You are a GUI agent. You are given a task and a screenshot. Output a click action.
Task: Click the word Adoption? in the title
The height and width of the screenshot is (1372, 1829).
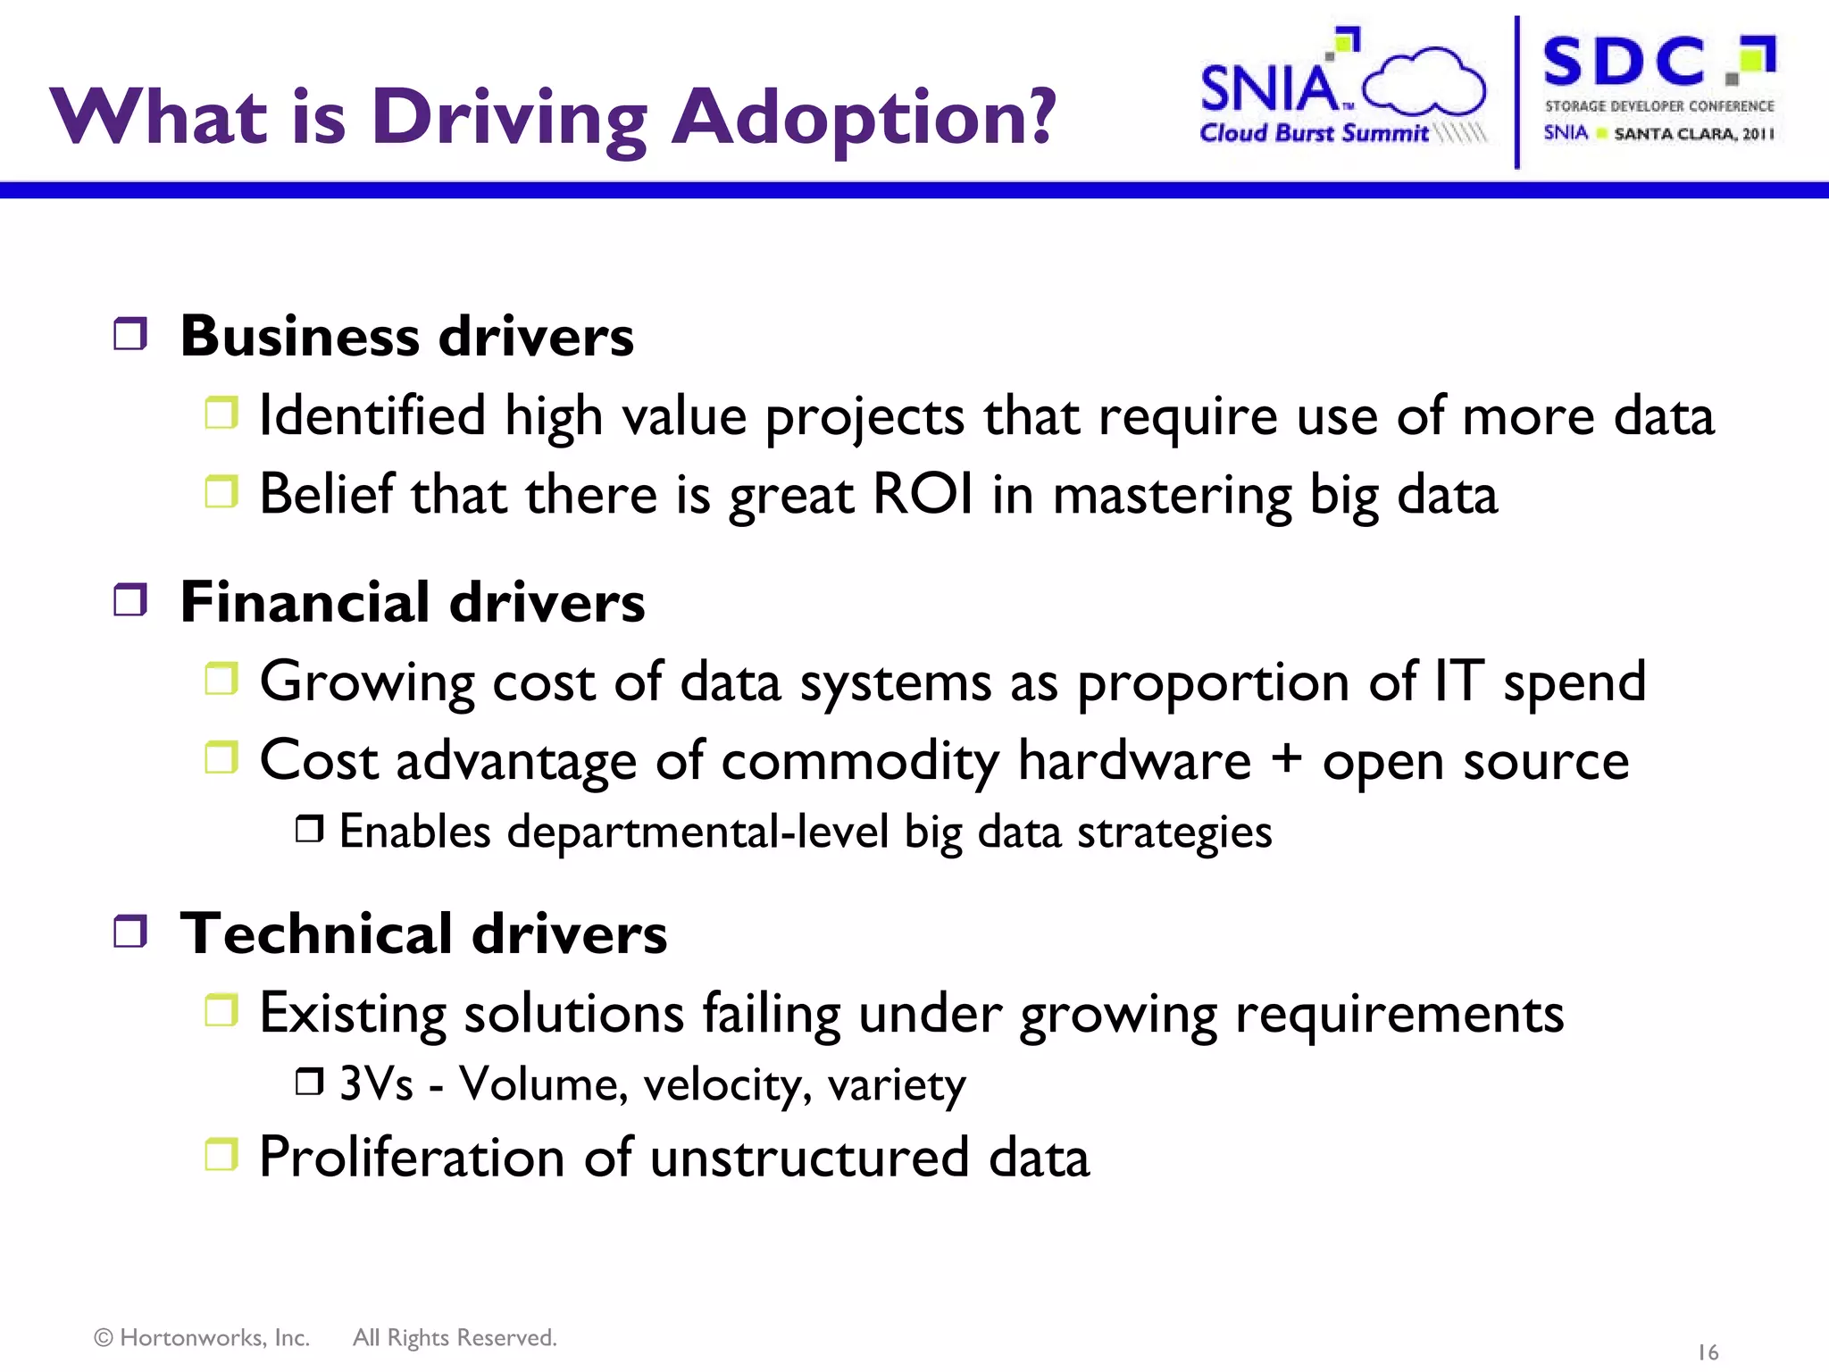(x=862, y=119)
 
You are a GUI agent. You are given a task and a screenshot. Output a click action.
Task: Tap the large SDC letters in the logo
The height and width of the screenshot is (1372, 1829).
(x=1624, y=62)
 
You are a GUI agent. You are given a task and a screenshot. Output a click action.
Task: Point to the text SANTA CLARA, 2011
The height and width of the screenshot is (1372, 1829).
(x=1693, y=134)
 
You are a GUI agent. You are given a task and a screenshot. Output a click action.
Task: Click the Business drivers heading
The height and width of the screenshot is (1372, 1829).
(x=406, y=337)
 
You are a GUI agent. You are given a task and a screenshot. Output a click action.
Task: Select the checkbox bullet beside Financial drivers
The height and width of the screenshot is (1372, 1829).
(x=130, y=600)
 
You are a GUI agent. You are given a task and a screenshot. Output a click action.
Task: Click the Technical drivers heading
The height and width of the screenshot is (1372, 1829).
(x=423, y=933)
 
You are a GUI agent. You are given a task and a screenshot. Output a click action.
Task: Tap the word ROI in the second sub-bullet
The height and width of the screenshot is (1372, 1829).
(x=923, y=494)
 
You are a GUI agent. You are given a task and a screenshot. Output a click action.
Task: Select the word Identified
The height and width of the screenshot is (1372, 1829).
(x=372, y=416)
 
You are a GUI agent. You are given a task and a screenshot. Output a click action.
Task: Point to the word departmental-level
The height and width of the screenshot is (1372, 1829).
(x=697, y=832)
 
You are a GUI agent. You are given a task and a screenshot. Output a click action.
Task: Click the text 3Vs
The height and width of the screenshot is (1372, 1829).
(x=376, y=1084)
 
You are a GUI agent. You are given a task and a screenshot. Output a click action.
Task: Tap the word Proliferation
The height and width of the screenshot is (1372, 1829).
(x=412, y=1158)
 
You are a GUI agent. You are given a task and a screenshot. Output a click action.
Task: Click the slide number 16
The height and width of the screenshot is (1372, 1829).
(x=1707, y=1352)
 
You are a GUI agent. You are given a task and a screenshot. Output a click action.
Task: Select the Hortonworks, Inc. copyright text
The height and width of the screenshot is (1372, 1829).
(x=203, y=1337)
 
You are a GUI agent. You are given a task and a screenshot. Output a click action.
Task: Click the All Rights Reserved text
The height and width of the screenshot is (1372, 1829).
(x=455, y=1337)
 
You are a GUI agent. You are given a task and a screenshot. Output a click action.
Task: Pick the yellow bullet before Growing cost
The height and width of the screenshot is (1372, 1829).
(x=221, y=680)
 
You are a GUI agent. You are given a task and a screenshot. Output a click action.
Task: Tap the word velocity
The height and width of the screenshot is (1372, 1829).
(x=727, y=1084)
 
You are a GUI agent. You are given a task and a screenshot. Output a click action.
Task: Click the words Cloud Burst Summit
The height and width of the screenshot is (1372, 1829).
(x=1314, y=133)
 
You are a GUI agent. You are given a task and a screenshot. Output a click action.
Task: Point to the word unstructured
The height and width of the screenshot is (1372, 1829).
(x=809, y=1158)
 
